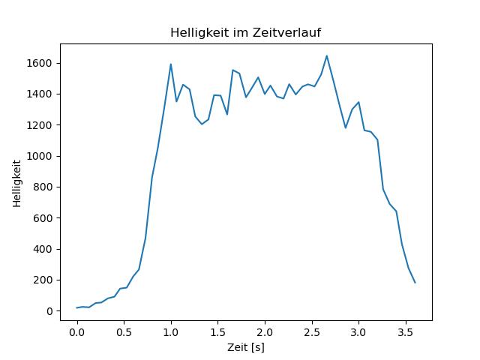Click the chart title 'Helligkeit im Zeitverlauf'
[246, 33]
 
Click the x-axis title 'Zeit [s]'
[246, 347]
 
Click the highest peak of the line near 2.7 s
[327, 55]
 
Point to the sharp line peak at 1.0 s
[171, 64]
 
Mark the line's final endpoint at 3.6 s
[415, 283]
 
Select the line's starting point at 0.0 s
[77, 307]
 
